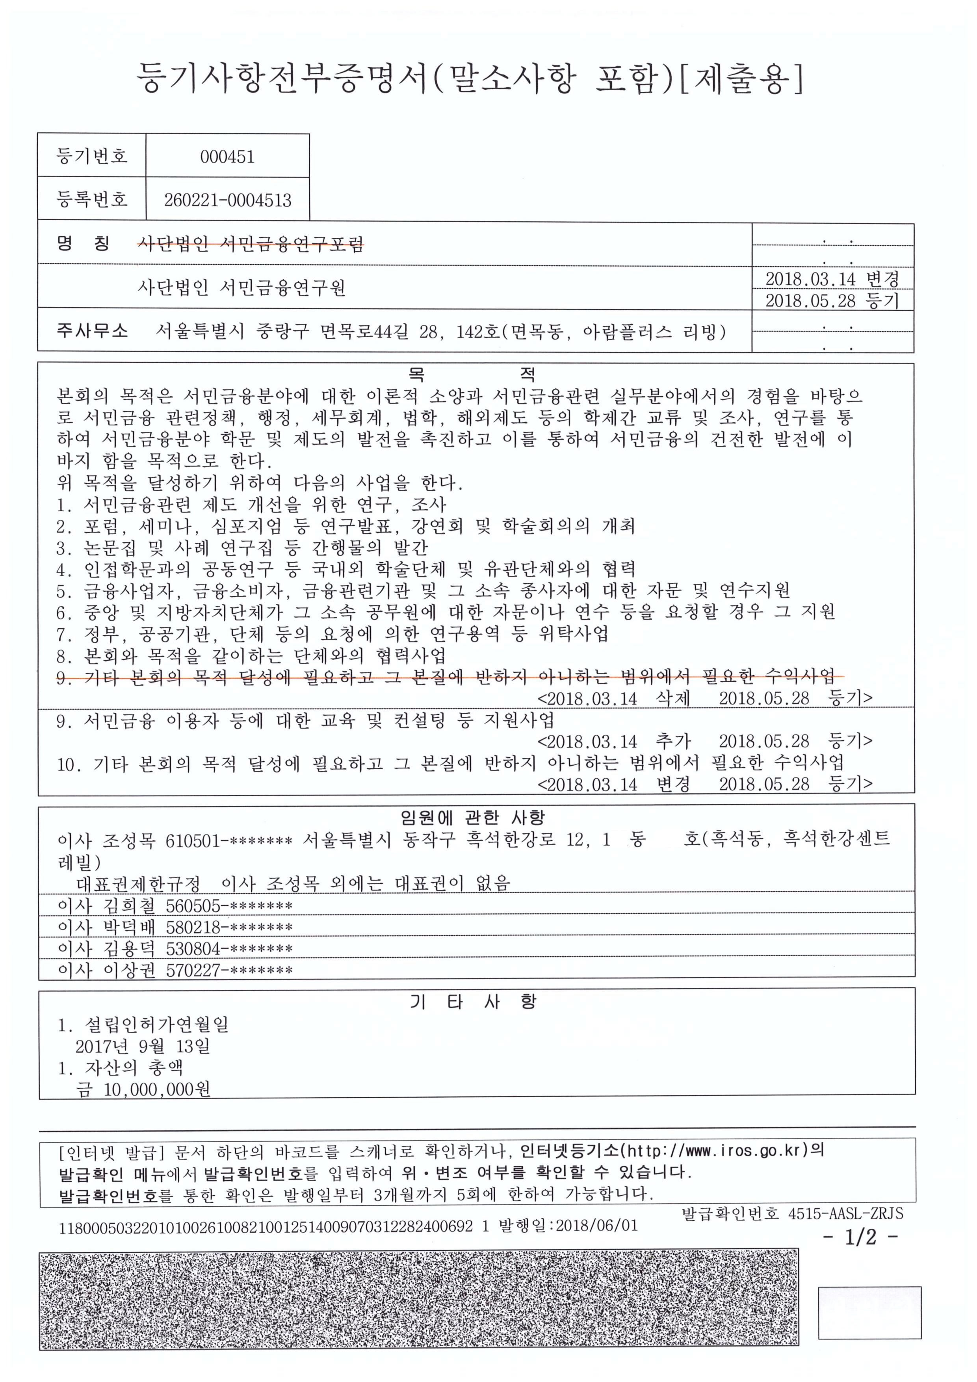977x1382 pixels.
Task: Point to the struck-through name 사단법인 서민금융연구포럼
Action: pos(251,244)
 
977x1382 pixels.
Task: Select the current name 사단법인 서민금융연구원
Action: pos(241,288)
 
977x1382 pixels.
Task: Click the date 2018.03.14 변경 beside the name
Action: pos(831,279)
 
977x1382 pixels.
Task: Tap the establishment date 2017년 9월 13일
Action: pos(143,1046)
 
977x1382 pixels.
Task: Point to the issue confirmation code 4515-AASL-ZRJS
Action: pos(845,1213)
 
